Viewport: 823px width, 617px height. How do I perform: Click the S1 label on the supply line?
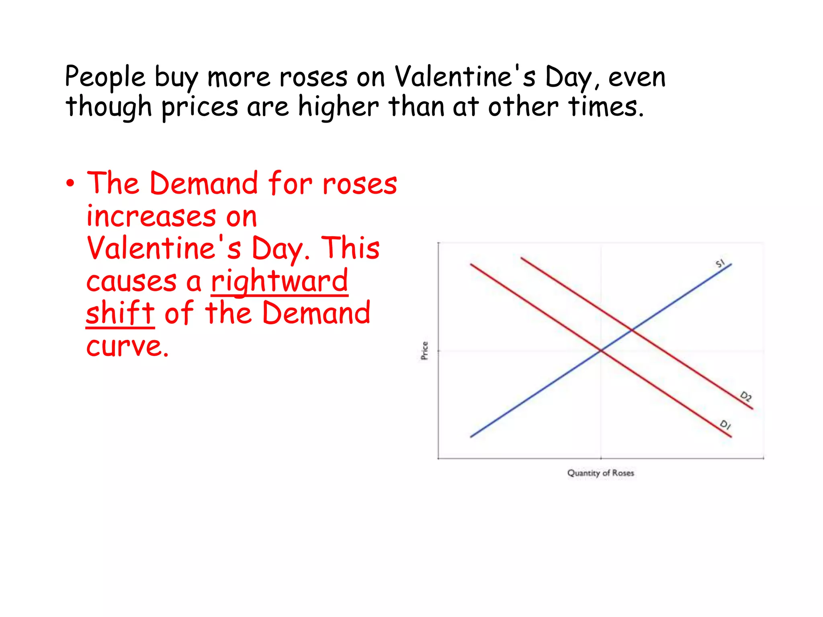(x=720, y=263)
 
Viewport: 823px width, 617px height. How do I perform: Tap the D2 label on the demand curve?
(x=746, y=396)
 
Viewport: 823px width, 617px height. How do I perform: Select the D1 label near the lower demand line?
(x=725, y=425)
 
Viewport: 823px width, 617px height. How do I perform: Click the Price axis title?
(x=425, y=350)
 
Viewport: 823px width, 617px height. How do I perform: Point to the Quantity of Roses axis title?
(x=600, y=473)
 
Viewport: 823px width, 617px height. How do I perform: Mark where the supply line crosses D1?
(x=601, y=351)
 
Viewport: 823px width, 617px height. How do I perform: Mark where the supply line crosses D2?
(x=632, y=330)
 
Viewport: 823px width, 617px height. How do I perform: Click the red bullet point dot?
(x=71, y=184)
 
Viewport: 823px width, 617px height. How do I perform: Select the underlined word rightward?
(x=279, y=281)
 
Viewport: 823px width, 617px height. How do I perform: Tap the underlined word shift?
(x=120, y=313)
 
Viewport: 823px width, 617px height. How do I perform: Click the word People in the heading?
(x=105, y=77)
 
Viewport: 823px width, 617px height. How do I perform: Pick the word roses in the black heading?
(x=313, y=77)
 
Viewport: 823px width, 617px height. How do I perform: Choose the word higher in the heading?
(x=338, y=107)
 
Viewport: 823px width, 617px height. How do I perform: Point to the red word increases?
(x=151, y=217)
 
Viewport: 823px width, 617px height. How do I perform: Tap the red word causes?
(x=131, y=281)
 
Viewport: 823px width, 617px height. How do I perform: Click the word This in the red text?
(x=350, y=248)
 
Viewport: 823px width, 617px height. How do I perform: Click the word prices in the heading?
(x=200, y=107)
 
